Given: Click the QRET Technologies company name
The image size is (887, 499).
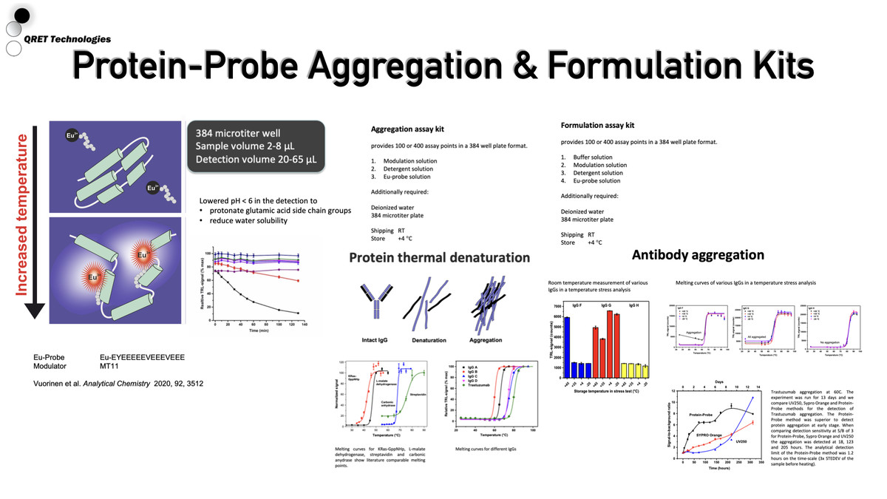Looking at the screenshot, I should [x=67, y=39].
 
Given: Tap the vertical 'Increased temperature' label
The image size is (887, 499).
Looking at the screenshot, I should [x=21, y=214].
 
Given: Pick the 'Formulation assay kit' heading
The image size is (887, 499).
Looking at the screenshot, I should [x=597, y=126].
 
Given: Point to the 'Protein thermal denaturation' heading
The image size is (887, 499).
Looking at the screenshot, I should [x=439, y=258].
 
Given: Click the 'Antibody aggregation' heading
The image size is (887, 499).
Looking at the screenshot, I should [x=698, y=255].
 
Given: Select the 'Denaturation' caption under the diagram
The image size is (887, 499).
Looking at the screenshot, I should [x=428, y=341].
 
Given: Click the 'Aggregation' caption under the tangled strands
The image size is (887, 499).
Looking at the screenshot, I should [x=486, y=341].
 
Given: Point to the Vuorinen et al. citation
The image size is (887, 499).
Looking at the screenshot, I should [x=118, y=384].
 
